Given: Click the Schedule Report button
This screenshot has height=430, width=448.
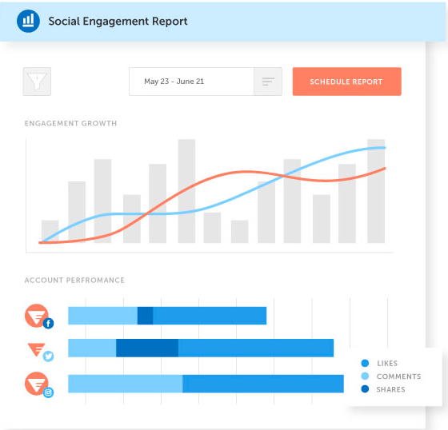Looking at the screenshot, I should tap(346, 82).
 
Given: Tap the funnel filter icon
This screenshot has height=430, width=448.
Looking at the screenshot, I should tap(37, 82).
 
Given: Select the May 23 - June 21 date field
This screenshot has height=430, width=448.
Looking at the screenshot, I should tap(191, 82).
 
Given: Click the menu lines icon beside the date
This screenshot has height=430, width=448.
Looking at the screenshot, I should tap(267, 82).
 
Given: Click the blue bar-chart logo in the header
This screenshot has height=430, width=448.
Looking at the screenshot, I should tap(28, 20).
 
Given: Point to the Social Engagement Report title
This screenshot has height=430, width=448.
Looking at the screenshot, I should tap(118, 21).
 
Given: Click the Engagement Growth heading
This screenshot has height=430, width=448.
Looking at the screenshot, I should tap(70, 124).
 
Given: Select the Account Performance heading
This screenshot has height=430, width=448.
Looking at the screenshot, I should tap(74, 281).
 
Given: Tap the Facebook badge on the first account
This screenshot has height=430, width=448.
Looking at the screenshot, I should tap(48, 323).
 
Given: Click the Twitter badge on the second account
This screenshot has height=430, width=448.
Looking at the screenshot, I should tap(48, 356).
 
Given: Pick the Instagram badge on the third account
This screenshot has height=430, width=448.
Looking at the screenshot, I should tap(48, 392).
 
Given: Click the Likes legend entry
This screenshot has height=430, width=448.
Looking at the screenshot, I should tap(386, 364).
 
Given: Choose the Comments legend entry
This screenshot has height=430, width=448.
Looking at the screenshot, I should tap(398, 376).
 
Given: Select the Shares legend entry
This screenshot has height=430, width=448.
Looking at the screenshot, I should tap(390, 389).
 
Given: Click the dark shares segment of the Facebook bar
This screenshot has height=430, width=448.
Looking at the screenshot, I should tap(145, 316).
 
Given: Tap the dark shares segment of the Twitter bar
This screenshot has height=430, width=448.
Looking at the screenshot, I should tap(147, 348).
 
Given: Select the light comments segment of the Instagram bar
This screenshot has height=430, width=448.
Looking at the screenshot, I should tap(125, 384).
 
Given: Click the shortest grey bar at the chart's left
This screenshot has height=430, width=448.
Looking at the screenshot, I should tap(50, 231).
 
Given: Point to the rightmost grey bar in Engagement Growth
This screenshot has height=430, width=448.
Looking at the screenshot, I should tap(376, 191).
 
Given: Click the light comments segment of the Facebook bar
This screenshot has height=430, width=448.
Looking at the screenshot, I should tap(102, 316).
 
